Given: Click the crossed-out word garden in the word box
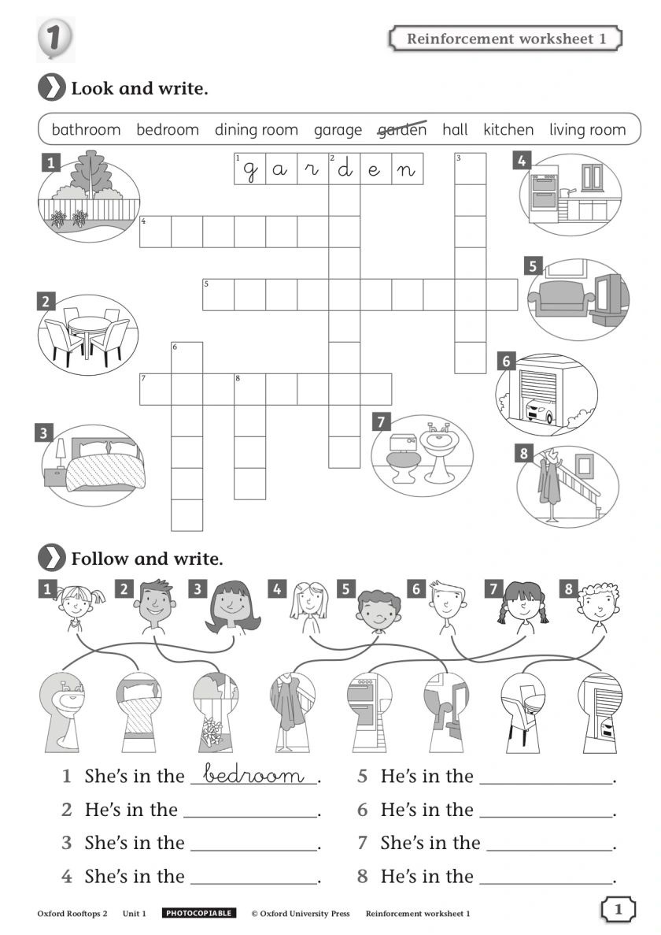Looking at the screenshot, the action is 403,129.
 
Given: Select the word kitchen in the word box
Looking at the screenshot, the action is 508,129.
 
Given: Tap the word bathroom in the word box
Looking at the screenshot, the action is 86,129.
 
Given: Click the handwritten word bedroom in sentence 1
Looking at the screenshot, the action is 253,774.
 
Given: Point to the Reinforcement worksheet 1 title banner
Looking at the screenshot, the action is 505,39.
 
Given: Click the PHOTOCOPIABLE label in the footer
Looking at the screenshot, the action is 199,913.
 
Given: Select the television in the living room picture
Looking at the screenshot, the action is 610,296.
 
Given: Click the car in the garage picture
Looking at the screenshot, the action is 540,410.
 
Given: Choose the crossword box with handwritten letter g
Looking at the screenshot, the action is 250,169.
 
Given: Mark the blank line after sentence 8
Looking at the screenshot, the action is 546,882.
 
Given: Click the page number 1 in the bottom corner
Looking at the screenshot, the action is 618,909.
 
